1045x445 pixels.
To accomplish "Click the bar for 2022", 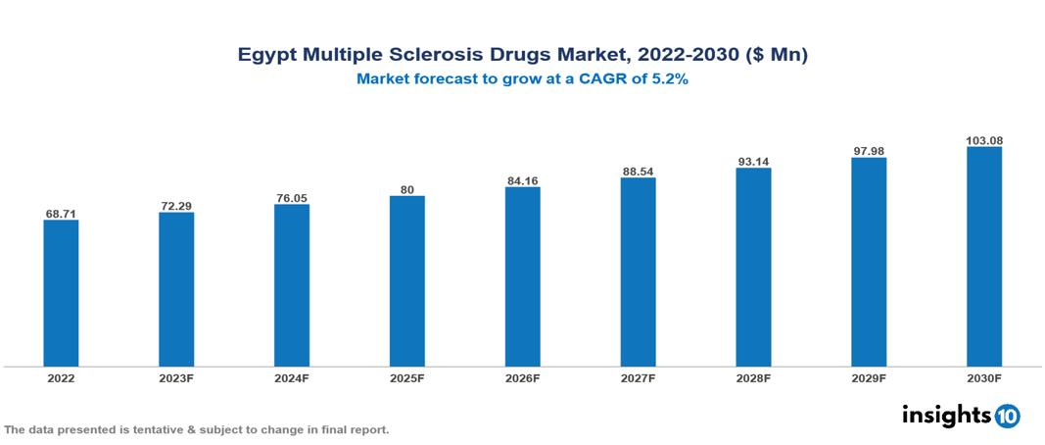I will (x=61, y=293).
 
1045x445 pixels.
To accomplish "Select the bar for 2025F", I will (x=406, y=281).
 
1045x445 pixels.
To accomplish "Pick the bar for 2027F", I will (x=638, y=272).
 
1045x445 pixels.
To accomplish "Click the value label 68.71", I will (x=61, y=213).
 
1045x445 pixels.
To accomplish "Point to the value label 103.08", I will (x=983, y=140).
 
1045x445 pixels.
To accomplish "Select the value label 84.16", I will (x=522, y=180).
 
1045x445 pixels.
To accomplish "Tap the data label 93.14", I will (x=753, y=161).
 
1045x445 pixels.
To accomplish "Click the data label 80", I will (x=406, y=189).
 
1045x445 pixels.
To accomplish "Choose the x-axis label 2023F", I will (x=176, y=377).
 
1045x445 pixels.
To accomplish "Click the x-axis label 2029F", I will (x=869, y=377).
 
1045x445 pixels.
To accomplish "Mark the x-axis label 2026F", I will (x=522, y=377).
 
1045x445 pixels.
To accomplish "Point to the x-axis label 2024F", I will (x=292, y=377).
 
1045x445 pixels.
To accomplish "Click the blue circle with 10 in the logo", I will (x=1007, y=416).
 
